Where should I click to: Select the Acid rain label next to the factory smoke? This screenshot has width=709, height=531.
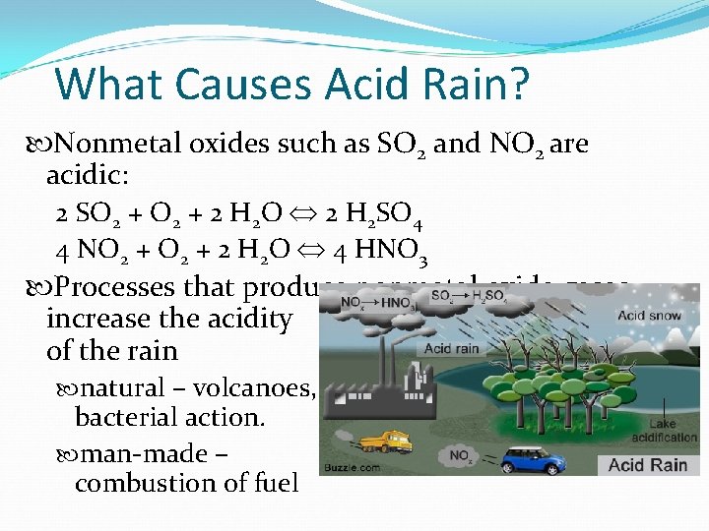[452, 349]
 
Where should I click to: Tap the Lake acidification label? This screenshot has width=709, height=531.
[666, 430]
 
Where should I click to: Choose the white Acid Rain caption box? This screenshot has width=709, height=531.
[647, 464]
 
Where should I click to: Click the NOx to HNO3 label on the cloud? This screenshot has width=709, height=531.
[370, 302]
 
